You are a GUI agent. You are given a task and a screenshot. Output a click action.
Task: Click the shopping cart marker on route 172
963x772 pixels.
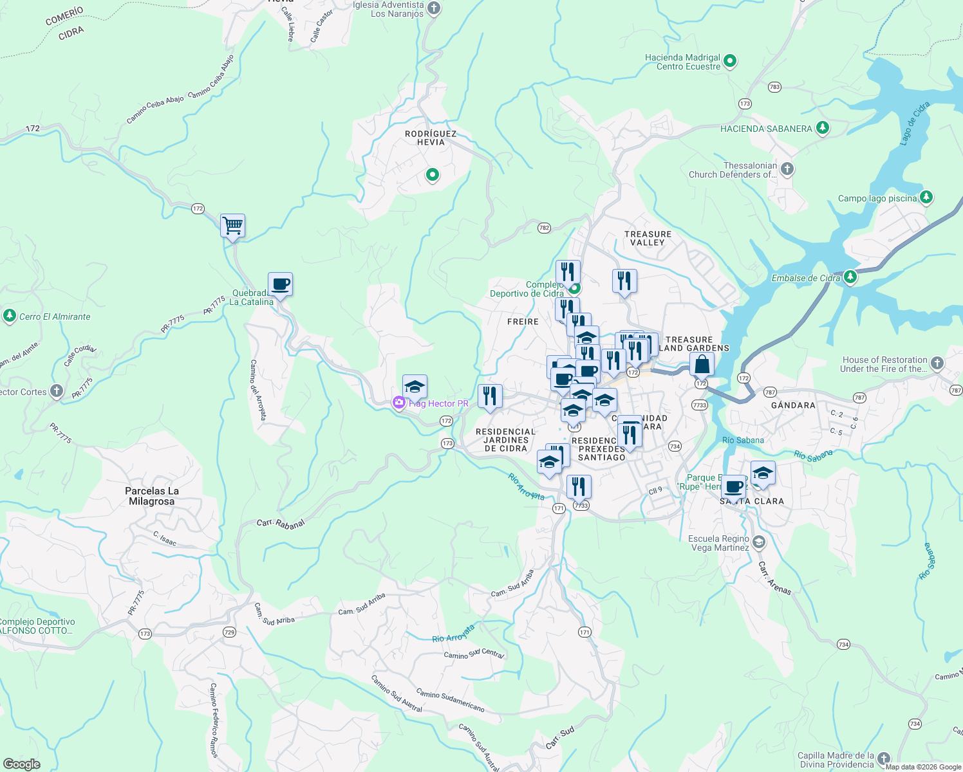(x=232, y=226)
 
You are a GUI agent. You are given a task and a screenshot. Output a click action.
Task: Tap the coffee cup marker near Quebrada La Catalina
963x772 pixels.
(x=280, y=284)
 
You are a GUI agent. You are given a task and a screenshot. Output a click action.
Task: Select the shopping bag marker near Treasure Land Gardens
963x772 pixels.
(x=702, y=365)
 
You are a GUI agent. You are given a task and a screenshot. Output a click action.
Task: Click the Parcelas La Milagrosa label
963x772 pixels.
(x=152, y=496)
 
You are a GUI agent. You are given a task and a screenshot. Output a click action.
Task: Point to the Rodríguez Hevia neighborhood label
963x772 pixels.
(x=431, y=138)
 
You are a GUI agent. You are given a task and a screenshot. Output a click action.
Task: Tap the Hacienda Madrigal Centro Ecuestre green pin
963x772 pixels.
(x=730, y=62)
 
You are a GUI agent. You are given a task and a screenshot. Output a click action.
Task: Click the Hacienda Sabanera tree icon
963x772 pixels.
(x=822, y=128)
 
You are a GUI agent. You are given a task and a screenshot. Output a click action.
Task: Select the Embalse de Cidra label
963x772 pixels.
(x=806, y=278)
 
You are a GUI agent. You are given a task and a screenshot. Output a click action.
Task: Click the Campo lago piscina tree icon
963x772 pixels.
(x=926, y=198)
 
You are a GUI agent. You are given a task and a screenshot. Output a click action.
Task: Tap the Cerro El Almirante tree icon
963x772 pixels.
(x=9, y=316)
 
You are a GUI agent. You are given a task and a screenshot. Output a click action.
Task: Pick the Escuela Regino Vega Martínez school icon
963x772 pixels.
(x=759, y=542)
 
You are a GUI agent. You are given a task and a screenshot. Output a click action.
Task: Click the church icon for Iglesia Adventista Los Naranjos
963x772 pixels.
(x=434, y=8)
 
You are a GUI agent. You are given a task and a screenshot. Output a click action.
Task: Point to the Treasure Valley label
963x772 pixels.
(x=648, y=238)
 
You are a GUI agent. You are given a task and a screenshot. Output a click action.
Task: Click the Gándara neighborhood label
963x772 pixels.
(x=793, y=405)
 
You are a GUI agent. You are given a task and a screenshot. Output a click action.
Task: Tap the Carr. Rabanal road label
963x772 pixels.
(x=280, y=524)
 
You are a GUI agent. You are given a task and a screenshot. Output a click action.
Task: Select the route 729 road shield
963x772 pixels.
(x=229, y=632)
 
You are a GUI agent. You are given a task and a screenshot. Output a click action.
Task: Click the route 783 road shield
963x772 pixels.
(x=774, y=87)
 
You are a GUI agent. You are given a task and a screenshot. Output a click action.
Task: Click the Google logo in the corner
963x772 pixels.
(x=21, y=764)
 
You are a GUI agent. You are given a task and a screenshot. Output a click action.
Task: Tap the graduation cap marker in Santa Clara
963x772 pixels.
(x=762, y=473)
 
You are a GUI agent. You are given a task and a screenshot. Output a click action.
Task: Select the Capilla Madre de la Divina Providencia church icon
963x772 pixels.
(x=884, y=759)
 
